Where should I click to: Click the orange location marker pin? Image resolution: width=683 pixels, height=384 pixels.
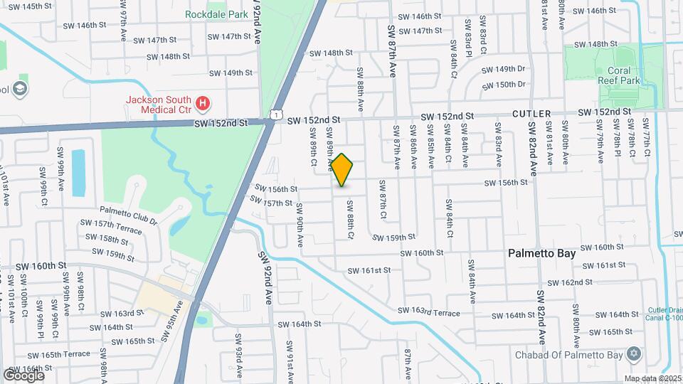(342, 170)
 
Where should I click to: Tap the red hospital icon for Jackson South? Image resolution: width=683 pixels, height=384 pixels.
(203, 105)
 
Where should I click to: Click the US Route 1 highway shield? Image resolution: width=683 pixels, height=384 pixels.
(275, 114)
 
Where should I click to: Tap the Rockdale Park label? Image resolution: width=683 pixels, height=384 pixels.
(212, 14)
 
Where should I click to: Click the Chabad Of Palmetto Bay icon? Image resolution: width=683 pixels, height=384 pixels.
(634, 355)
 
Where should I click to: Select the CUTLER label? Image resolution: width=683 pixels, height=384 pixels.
(532, 114)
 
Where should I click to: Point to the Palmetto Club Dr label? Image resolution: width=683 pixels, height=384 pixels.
(128, 215)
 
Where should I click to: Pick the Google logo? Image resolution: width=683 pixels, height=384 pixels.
(23, 375)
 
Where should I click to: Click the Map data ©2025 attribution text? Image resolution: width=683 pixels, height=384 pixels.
(652, 378)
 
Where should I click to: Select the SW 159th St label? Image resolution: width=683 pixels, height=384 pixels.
(393, 238)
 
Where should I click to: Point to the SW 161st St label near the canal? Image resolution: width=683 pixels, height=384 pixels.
(369, 270)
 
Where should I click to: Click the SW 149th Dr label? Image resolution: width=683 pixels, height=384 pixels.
(503, 69)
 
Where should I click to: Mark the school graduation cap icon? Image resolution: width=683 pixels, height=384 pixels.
(21, 88)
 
